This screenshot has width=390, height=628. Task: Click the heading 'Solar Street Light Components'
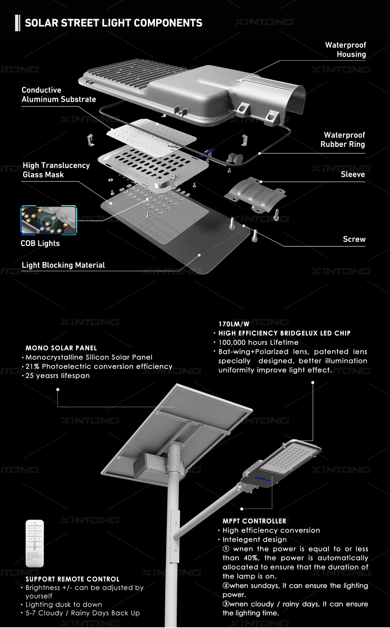point(113,23)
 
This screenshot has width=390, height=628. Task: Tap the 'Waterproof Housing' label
point(345,50)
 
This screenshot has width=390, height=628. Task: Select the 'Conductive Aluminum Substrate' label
point(58,94)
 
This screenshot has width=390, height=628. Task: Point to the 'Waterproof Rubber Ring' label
point(343,140)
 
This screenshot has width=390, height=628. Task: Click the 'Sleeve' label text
point(353,175)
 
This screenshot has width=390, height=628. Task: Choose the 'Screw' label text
point(354,239)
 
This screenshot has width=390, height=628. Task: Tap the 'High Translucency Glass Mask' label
point(56,170)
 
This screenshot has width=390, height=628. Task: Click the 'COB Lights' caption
point(40,243)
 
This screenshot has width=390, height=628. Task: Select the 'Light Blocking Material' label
point(63,265)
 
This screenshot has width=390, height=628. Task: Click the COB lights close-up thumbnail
point(49,220)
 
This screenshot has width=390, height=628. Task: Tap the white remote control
point(35,543)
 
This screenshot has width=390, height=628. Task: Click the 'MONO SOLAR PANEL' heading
point(61,348)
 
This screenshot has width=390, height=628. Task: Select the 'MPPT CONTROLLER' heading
point(254,521)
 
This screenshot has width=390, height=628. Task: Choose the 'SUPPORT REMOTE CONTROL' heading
point(72,579)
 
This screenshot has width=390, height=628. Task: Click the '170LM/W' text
point(234,324)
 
